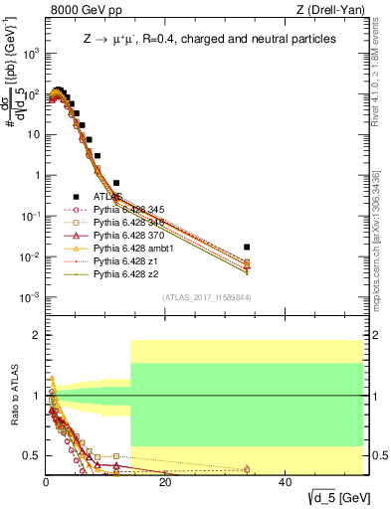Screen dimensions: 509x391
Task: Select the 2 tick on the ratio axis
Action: pos(36,335)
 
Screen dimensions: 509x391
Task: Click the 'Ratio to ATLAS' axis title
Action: pos(13,396)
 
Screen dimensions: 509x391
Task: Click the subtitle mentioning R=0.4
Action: pos(209,39)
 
